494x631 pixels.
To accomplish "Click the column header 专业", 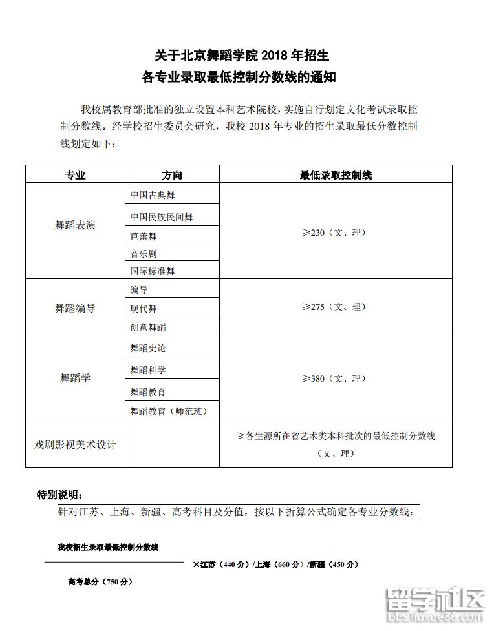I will click(x=75, y=175).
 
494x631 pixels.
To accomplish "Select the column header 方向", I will click(x=172, y=175).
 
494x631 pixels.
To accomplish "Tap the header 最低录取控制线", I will click(x=336, y=175).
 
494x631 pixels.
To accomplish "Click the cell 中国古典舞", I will click(x=153, y=195).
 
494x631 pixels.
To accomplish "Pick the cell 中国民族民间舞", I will click(x=162, y=217).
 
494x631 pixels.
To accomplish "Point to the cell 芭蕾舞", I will click(x=144, y=237).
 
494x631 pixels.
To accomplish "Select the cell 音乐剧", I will click(x=144, y=254).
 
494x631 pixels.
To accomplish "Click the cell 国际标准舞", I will click(x=153, y=271).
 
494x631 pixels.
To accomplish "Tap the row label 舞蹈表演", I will click(x=75, y=225).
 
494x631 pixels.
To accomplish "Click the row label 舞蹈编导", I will click(x=75, y=308).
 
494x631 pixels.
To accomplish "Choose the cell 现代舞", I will click(x=144, y=309).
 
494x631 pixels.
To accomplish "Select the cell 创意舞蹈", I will click(x=148, y=327).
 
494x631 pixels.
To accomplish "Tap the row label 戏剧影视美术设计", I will click(x=75, y=444).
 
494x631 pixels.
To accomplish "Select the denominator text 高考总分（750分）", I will click(x=100, y=582).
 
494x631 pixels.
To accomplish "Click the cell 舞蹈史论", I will click(x=148, y=348).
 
